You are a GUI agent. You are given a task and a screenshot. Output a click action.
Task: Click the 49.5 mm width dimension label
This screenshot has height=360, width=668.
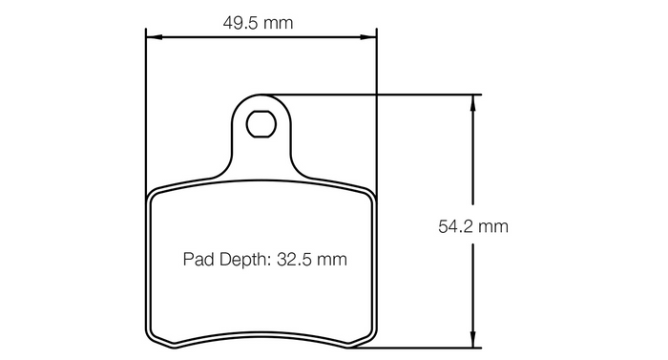click(x=258, y=23)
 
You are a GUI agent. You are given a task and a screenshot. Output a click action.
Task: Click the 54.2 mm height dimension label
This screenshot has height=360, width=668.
click(x=473, y=226)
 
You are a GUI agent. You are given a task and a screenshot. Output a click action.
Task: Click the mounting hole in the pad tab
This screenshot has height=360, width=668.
click(x=261, y=124)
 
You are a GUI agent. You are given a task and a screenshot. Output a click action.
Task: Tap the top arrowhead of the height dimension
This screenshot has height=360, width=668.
click(x=472, y=103)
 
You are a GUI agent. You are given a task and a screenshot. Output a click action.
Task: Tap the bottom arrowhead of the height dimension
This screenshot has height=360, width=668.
click(x=472, y=340)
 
